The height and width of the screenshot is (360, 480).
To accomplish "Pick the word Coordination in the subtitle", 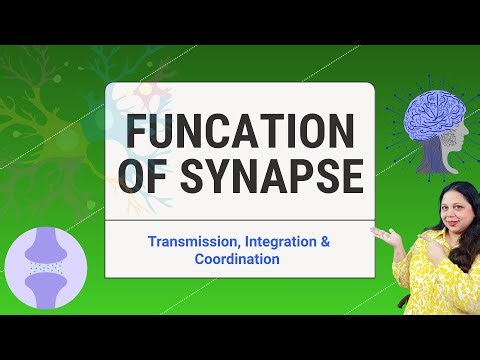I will tap(237, 259).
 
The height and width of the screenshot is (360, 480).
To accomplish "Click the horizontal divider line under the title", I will tap(240, 217).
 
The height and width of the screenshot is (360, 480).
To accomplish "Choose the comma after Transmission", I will tap(236, 246).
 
